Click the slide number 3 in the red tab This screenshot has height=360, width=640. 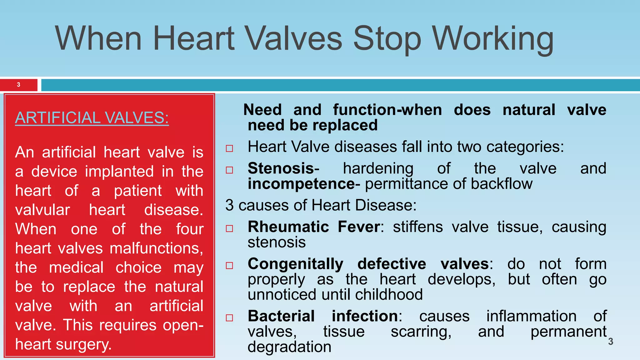[18, 85]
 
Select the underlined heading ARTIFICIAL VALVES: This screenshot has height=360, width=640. [92, 118]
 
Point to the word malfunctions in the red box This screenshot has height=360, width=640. [156, 248]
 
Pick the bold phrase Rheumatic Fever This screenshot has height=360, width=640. [314, 227]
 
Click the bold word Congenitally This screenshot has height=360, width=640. [295, 264]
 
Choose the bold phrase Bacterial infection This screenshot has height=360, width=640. [323, 316]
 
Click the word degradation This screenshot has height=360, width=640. [289, 347]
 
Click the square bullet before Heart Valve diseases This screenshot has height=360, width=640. [229, 148]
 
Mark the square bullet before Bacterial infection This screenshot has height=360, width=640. [229, 318]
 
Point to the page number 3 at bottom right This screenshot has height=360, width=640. [611, 342]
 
